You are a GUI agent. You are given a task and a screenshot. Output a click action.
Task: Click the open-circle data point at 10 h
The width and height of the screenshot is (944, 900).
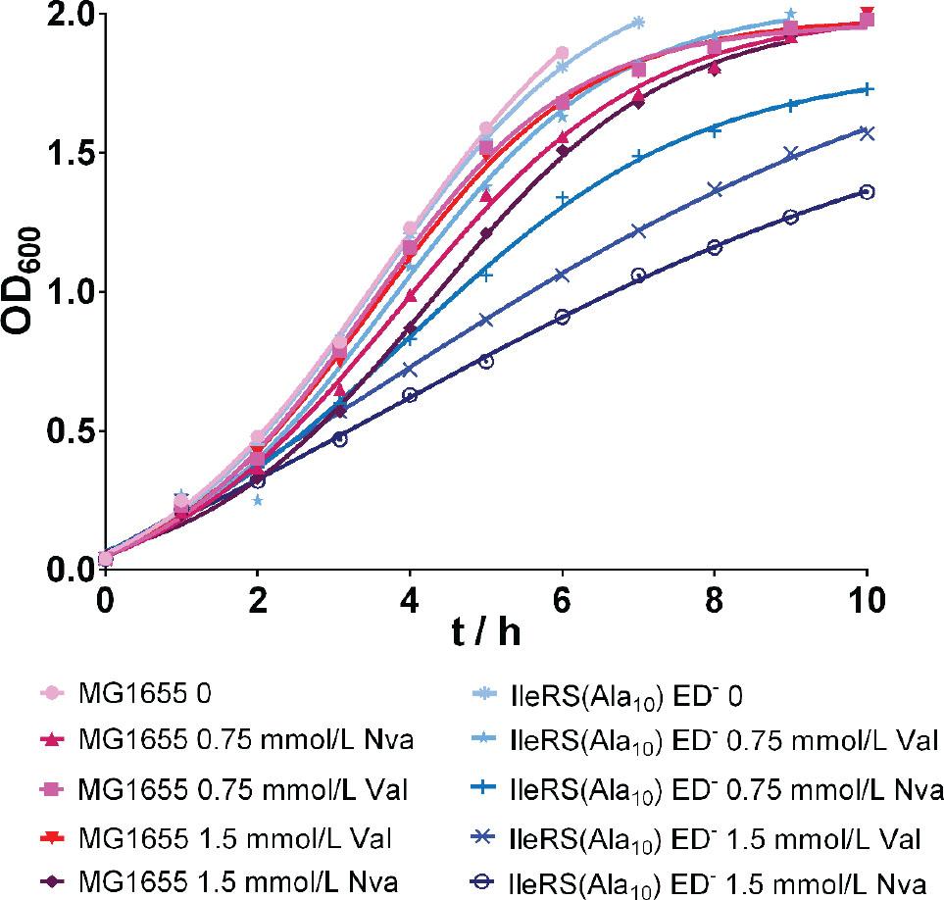[867, 192]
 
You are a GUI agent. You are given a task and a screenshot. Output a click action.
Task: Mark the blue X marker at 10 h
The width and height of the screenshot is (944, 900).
[867, 132]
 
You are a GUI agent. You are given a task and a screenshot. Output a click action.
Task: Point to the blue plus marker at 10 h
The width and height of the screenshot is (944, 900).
[867, 89]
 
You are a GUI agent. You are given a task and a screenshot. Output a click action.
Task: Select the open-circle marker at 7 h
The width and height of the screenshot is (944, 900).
[638, 275]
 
